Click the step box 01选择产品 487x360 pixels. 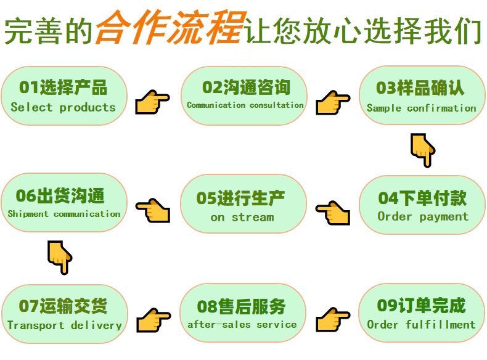coord(63,96)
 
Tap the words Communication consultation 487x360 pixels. coord(245,105)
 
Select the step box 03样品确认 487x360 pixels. coord(421,96)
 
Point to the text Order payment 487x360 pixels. coord(423,217)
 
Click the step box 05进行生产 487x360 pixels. coord(243,205)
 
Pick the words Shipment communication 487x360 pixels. coord(64,215)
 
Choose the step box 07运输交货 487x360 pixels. coord(64,314)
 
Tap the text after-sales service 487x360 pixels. coord(242,324)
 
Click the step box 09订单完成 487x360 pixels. coord(421,314)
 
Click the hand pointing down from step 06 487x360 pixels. coord(60,256)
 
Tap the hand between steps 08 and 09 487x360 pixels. coord(333,320)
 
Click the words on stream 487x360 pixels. coord(242,218)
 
